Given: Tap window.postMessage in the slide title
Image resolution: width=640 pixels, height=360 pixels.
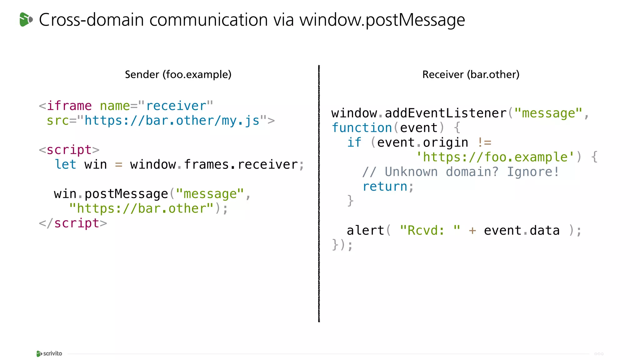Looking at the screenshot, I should click(382, 20).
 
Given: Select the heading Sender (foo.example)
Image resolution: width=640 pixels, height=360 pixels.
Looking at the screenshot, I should click(178, 74).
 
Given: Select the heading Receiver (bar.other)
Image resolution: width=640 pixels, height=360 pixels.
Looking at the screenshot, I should click(471, 74).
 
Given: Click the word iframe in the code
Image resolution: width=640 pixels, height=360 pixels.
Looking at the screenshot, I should click(69, 106).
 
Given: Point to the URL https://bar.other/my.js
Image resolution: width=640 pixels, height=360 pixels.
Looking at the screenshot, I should click(172, 121).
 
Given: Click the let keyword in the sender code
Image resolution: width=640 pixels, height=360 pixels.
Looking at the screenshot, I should click(65, 164).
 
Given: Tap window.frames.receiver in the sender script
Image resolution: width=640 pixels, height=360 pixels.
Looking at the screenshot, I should click(214, 164).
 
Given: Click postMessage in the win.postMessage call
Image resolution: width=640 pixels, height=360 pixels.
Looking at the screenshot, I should click(126, 194).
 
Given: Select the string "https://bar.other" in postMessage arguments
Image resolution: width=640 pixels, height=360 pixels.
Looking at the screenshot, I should click(141, 208).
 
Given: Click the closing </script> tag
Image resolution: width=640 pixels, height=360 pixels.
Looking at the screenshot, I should click(73, 223).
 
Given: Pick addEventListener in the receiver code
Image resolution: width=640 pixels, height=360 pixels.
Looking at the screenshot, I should click(446, 113).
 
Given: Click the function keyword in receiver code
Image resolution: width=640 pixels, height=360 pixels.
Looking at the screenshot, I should click(362, 128).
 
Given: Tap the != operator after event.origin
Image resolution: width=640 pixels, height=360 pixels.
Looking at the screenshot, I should click(484, 142).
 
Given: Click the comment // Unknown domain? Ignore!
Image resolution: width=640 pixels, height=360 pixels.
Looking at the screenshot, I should click(461, 172).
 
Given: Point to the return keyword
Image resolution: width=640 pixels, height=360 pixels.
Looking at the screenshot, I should click(385, 187).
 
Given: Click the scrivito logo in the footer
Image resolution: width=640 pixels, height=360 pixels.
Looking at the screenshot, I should click(49, 353).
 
